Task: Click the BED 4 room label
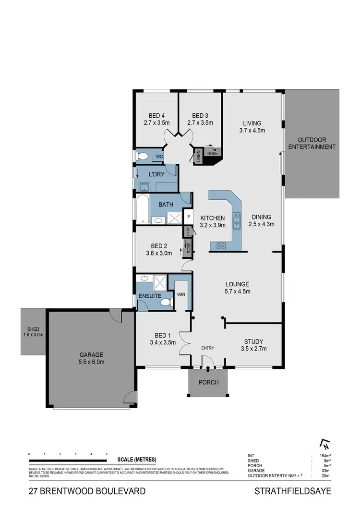coord(156,119)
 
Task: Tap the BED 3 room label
coord(200,119)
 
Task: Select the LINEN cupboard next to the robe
coord(197,157)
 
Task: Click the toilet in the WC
coord(143,156)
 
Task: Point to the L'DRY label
coord(157,174)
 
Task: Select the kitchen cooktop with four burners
coord(222,246)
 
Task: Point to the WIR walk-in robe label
coord(181,294)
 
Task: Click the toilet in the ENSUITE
coord(165,302)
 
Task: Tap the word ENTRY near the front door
coord(208,348)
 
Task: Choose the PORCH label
coord(208,383)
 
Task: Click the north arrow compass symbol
coord(325,444)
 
